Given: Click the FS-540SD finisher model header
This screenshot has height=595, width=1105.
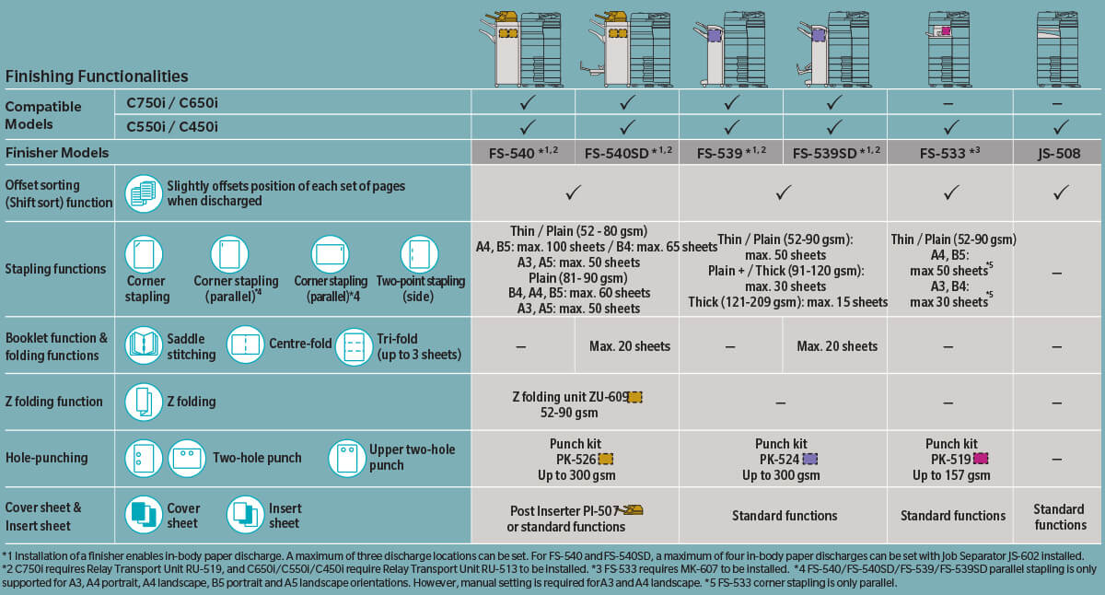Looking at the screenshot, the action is pos(628,153).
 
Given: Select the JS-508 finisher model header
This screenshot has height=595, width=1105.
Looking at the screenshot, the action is pos(1059,154).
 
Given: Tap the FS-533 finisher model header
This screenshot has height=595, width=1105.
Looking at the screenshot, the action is pos(949,153).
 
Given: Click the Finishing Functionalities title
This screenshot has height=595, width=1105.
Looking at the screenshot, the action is pos(97,76).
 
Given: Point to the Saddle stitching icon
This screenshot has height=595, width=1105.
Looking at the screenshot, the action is pos(144,345).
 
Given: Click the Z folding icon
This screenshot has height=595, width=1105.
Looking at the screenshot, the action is pos(144,402).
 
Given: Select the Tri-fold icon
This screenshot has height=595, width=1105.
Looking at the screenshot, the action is pos(354,347).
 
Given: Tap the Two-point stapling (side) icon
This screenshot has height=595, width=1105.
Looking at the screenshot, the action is pos(419,254).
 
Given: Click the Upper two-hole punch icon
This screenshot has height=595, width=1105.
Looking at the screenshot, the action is pos(347,459).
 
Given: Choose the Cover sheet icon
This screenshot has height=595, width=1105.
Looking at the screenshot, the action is pos(144,515).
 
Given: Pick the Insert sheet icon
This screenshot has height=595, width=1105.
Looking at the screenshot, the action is pos(245,515).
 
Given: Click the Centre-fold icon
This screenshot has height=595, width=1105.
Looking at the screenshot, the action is pos(245,344).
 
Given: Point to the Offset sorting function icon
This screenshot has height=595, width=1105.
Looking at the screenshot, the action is pos(144,193).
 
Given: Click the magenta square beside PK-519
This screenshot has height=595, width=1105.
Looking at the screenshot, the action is pos(980,459).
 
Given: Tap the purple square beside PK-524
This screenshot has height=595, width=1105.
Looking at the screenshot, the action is pos(810,460).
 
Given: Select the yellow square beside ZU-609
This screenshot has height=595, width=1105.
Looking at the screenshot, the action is pos(634,397).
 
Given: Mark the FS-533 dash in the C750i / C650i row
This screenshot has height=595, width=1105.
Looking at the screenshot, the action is pos(948,104).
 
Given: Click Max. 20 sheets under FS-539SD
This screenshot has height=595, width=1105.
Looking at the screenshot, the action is pos(837,346).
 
